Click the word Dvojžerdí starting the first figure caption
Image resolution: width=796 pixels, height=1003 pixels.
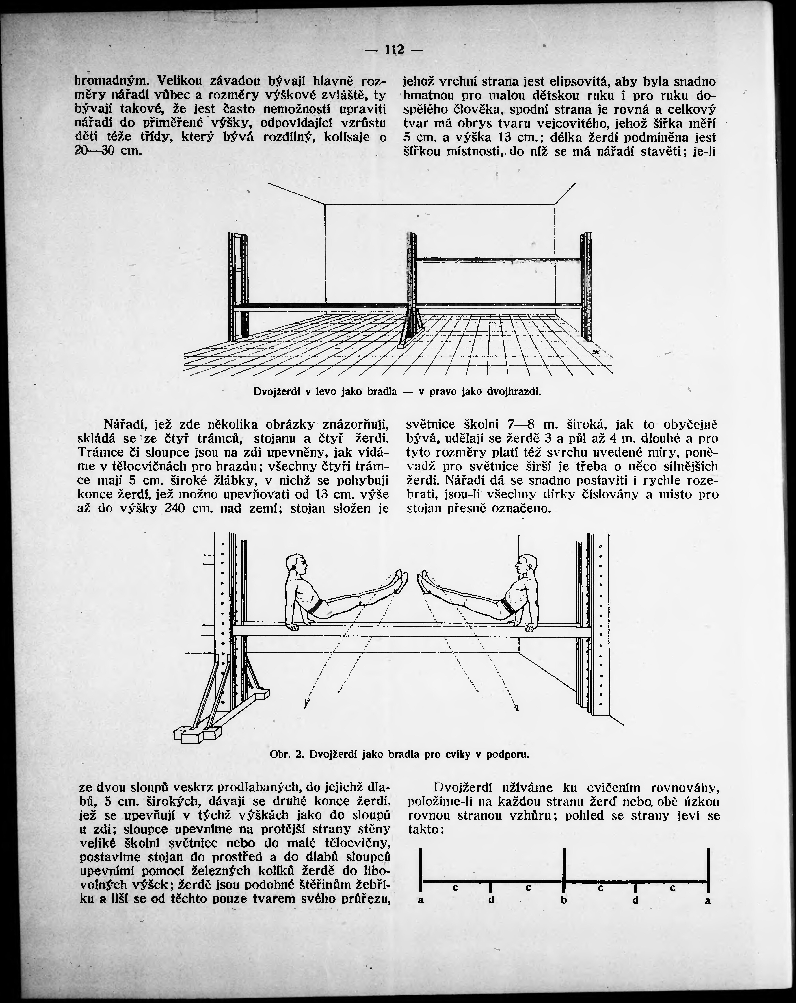(x=277, y=392)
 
